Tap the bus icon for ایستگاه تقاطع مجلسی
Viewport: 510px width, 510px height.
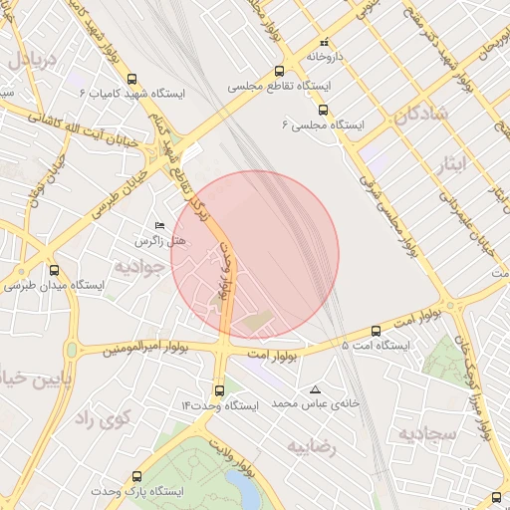279,72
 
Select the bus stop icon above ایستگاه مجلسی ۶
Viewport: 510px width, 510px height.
322,111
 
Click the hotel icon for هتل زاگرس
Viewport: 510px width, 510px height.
160,227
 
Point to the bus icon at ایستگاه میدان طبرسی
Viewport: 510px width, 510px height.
54,270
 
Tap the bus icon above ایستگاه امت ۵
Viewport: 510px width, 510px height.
376,331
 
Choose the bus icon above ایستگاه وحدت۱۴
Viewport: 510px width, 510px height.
219,390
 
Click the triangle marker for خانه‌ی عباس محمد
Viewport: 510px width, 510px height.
316,389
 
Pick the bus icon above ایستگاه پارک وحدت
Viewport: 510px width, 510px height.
135,476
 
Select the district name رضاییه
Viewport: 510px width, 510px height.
313,447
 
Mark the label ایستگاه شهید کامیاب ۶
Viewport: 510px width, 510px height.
124,94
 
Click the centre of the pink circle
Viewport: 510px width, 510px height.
255,254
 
